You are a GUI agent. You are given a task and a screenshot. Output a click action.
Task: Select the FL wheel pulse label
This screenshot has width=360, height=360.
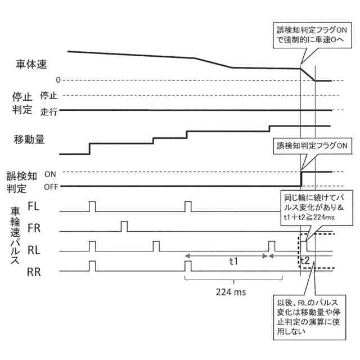pos(34,207)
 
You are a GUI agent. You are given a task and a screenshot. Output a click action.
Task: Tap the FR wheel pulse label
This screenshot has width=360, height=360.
pos(34,228)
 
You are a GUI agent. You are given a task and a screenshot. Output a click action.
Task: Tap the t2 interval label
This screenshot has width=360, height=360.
pos(304,260)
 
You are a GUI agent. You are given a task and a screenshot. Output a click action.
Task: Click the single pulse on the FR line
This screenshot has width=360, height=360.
pos(124,227)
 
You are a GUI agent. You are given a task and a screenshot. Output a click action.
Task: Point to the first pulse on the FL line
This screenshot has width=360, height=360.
pos(93,206)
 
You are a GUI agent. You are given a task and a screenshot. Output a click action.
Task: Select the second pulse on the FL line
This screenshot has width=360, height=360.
pos(188,206)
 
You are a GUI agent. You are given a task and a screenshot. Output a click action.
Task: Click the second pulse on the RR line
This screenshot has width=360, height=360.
pos(188,265)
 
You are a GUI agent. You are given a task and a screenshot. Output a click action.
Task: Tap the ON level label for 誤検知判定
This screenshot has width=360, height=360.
pos(49,174)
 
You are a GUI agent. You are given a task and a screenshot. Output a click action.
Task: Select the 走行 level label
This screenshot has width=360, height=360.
pos(49,112)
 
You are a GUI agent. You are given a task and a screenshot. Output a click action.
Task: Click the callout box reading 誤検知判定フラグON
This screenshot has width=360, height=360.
pos(311,146)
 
